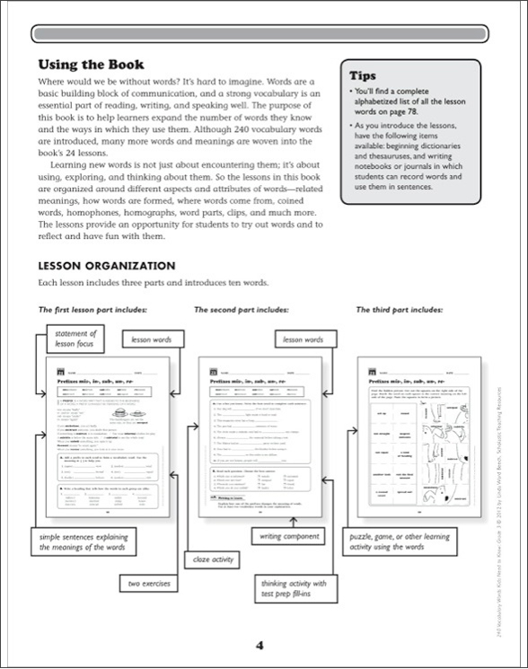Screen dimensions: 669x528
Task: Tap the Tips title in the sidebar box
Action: tap(363, 75)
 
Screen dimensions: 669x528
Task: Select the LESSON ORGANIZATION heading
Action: tap(106, 266)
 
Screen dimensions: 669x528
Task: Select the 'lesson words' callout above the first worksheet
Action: tap(152, 341)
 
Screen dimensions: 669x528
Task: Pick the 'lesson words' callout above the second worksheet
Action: tap(303, 340)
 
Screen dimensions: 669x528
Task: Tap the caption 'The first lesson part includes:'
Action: tap(92, 310)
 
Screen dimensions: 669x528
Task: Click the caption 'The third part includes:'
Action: tap(400, 310)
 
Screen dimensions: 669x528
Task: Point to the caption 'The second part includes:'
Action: tap(241, 310)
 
